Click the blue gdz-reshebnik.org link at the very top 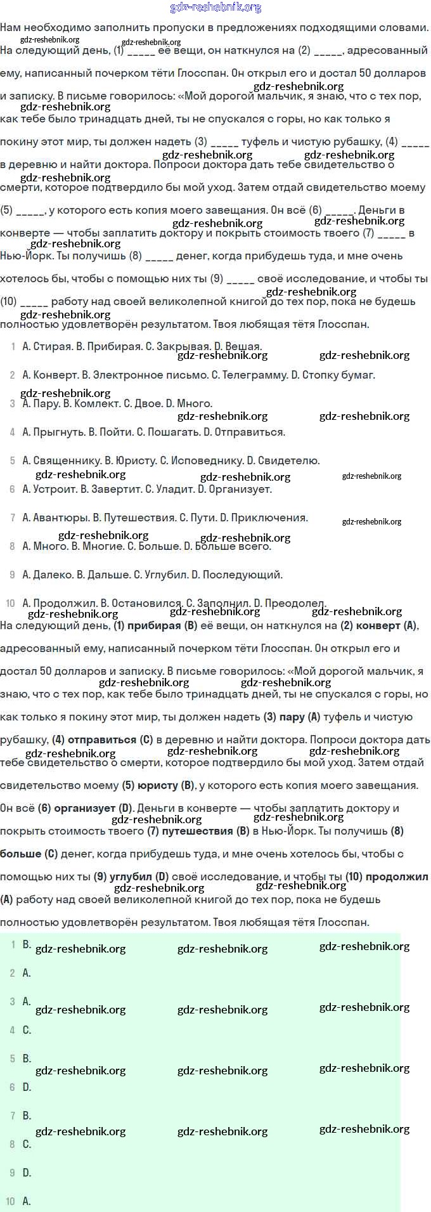215,8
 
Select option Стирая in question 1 51,346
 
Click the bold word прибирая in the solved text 154,625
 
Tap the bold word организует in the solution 85,808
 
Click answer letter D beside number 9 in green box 27,1173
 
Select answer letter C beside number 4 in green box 27,1030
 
